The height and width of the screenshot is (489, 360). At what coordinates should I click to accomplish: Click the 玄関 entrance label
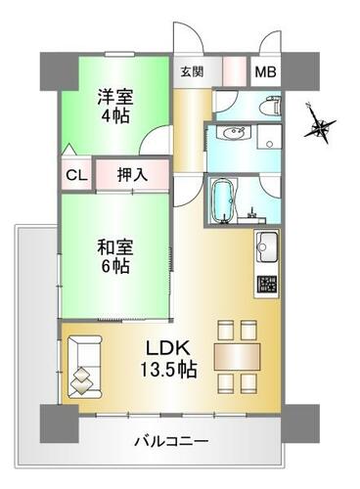click(x=192, y=71)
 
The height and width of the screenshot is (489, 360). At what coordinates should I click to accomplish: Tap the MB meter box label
click(x=265, y=72)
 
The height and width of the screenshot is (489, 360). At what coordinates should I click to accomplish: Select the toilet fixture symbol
click(x=273, y=105)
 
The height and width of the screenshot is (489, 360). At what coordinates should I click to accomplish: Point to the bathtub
click(x=224, y=200)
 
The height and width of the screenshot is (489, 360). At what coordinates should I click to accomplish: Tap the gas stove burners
click(x=267, y=284)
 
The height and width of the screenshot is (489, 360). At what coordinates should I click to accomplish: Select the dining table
click(x=237, y=356)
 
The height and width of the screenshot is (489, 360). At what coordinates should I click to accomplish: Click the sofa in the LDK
click(x=84, y=367)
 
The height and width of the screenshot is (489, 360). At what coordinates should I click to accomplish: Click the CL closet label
click(x=76, y=175)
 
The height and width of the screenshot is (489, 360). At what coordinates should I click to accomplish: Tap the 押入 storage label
click(x=133, y=175)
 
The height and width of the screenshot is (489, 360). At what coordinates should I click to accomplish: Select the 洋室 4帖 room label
click(x=115, y=106)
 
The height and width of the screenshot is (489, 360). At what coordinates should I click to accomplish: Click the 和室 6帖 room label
click(x=115, y=257)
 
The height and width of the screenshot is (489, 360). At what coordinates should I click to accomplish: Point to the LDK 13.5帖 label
click(x=168, y=358)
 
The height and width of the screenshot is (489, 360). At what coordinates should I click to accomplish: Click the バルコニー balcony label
click(x=171, y=441)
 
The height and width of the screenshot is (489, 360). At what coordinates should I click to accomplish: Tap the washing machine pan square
click(x=269, y=137)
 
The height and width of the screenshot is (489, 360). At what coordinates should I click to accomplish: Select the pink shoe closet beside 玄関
click(x=234, y=71)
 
